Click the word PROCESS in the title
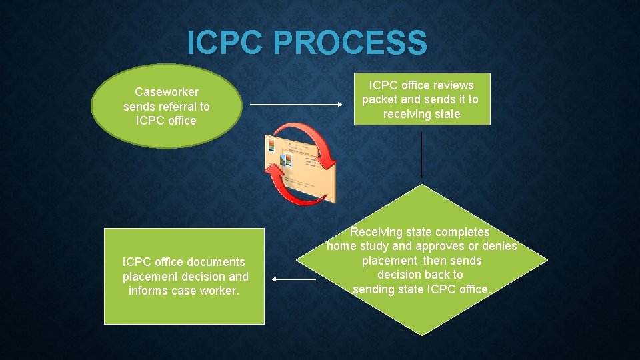[349, 43]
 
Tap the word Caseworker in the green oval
[167, 92]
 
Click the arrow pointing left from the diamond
[294, 280]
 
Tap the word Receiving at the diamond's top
[376, 233]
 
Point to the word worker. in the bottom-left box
[219, 291]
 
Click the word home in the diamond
[341, 247]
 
